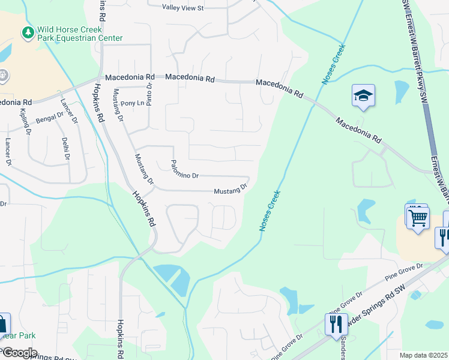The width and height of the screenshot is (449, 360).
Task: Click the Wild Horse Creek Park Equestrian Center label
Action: click(79, 34)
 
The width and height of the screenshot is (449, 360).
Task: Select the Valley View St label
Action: click(183, 8)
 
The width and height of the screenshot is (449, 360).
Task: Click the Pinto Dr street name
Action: click(150, 95)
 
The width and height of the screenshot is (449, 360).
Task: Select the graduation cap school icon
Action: click(363, 96)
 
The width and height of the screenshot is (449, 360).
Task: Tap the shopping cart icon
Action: click(418, 217)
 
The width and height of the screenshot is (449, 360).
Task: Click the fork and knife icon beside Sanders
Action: click(336, 325)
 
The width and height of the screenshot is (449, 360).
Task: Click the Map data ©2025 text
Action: click(423, 355)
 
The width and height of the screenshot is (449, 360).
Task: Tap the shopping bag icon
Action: click(2, 325)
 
